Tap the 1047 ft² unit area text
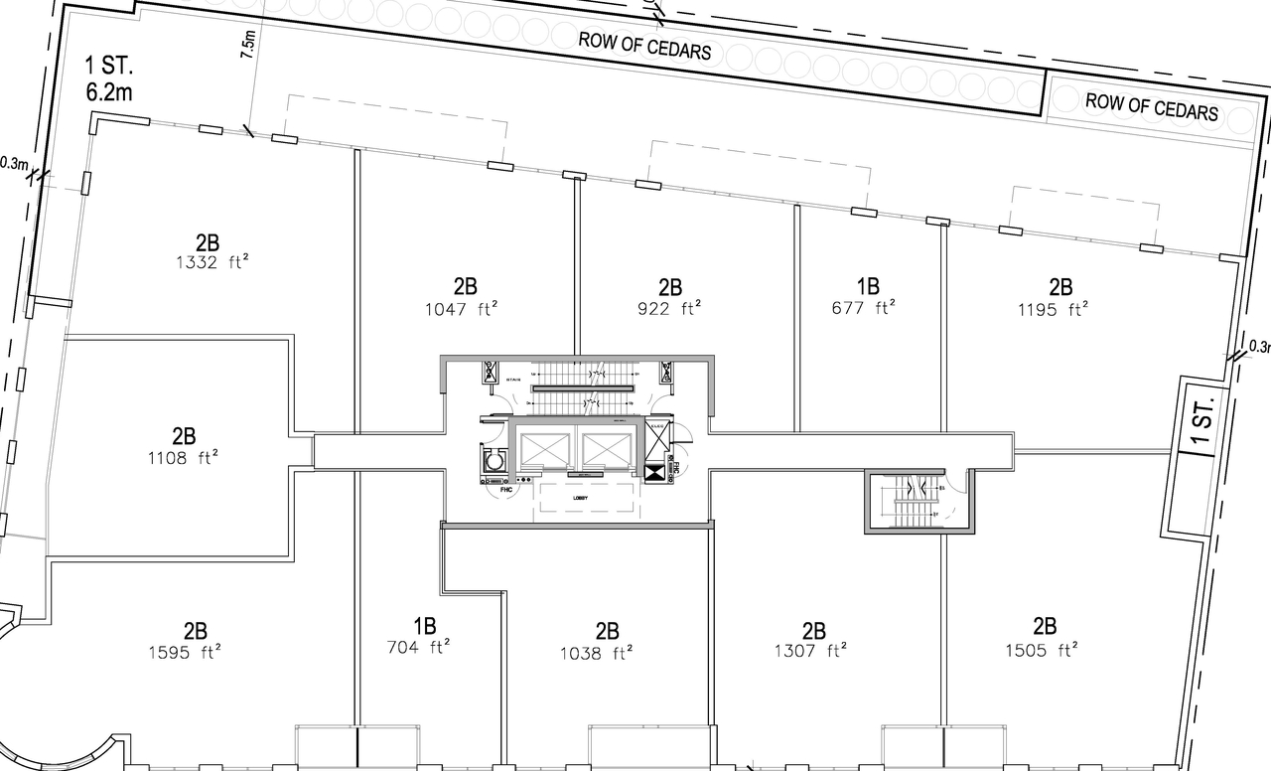click(460, 308)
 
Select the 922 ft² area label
click(670, 308)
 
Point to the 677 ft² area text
click(868, 308)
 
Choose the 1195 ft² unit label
click(1060, 308)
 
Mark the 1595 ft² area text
click(195, 652)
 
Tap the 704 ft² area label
click(424, 648)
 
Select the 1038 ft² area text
click(608, 653)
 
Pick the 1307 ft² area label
click(813, 652)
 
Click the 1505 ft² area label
click(1044, 651)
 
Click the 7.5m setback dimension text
click(249, 46)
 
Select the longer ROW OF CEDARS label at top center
click(645, 45)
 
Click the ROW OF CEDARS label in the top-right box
click(1152, 105)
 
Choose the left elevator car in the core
click(544, 450)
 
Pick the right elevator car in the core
click(607, 450)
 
